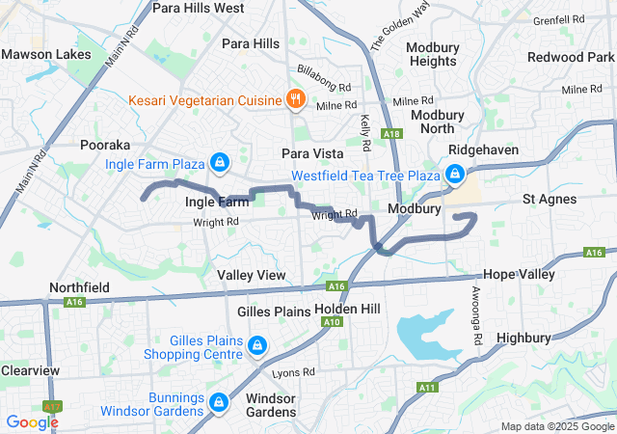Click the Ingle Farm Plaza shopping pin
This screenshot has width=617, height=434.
tap(220, 161)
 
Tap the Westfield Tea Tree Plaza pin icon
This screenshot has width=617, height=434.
tap(453, 175)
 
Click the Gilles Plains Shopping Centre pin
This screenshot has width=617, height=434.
tap(256, 345)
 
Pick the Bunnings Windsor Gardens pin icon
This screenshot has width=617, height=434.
tap(219, 401)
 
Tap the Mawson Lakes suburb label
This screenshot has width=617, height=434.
tap(40, 54)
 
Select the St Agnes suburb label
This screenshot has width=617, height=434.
tap(550, 200)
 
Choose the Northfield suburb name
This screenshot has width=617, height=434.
tap(79, 287)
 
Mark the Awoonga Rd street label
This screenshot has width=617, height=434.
tap(476, 317)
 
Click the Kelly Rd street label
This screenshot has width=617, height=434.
tap(366, 132)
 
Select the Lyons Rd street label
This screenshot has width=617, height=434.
tap(293, 371)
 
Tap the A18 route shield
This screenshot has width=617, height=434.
tap(390, 134)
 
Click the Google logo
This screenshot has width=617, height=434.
tap(32, 421)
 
